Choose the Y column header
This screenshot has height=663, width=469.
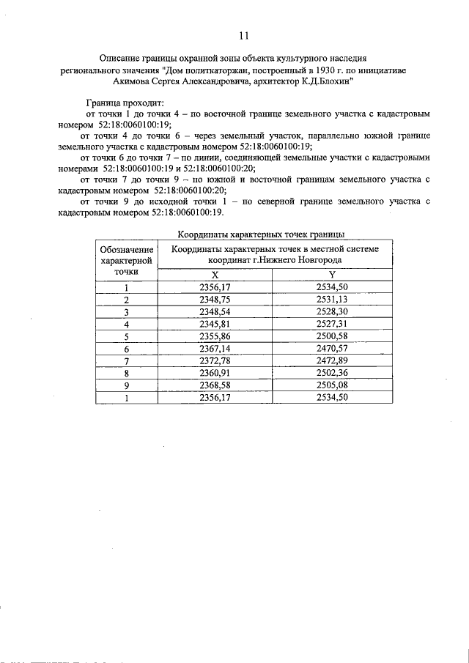(331, 274)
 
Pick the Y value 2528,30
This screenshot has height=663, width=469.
(331, 311)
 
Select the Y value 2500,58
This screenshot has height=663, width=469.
(331, 336)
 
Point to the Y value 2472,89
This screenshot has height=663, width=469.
(331, 360)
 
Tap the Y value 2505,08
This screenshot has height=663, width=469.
(331, 385)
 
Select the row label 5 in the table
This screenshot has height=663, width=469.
(126, 336)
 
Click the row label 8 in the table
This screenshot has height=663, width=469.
(126, 372)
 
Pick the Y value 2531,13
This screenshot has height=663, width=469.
(331, 300)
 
